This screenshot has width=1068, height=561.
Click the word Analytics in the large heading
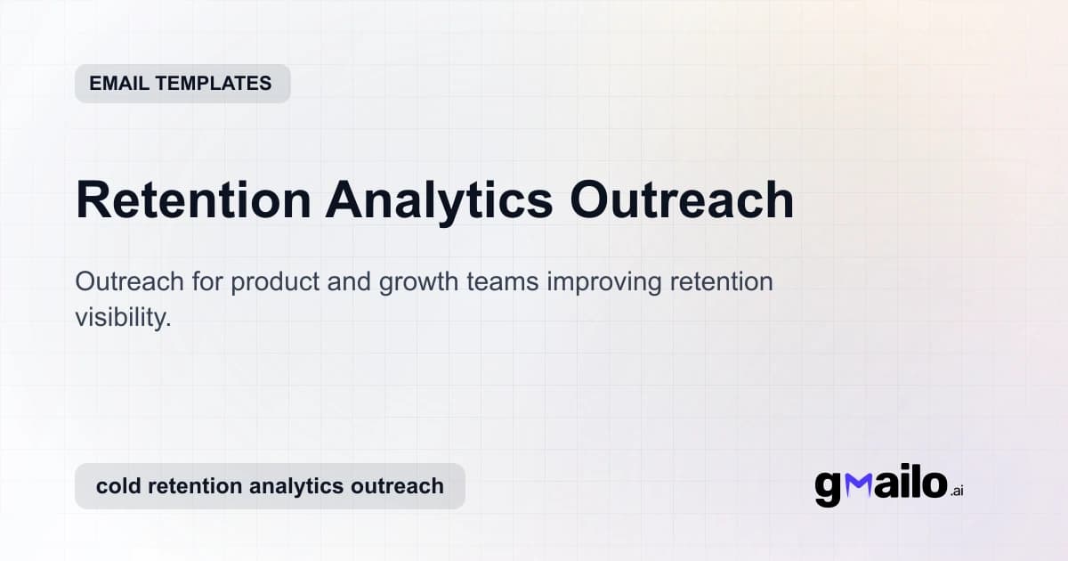click(x=438, y=199)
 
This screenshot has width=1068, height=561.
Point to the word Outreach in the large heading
click(x=682, y=199)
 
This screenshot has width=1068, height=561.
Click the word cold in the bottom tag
click(x=117, y=486)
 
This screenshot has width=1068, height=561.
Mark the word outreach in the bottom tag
click(x=398, y=486)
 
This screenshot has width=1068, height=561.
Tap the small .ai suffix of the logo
click(x=956, y=491)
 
